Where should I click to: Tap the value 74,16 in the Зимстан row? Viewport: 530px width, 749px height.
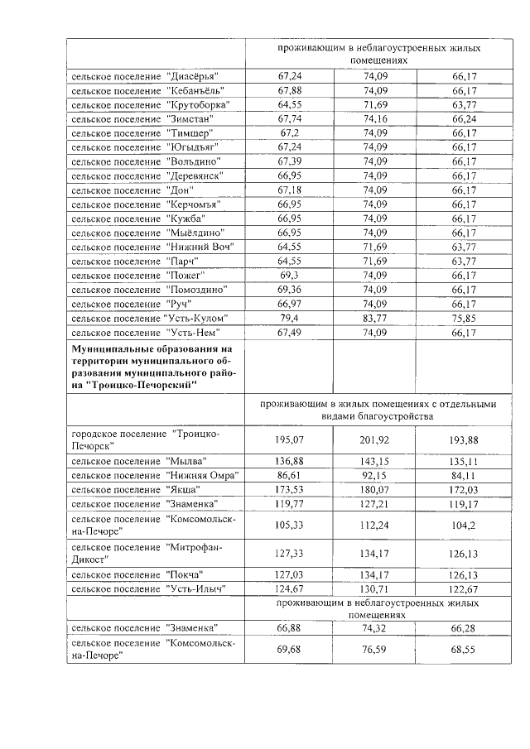coord(374,118)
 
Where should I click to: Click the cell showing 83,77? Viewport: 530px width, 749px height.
coord(374,319)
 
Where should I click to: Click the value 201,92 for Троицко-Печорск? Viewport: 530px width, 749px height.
coord(374,439)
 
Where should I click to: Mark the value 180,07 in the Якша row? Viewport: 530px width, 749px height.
coord(374,490)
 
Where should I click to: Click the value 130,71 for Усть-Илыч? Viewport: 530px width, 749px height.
coord(374,588)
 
